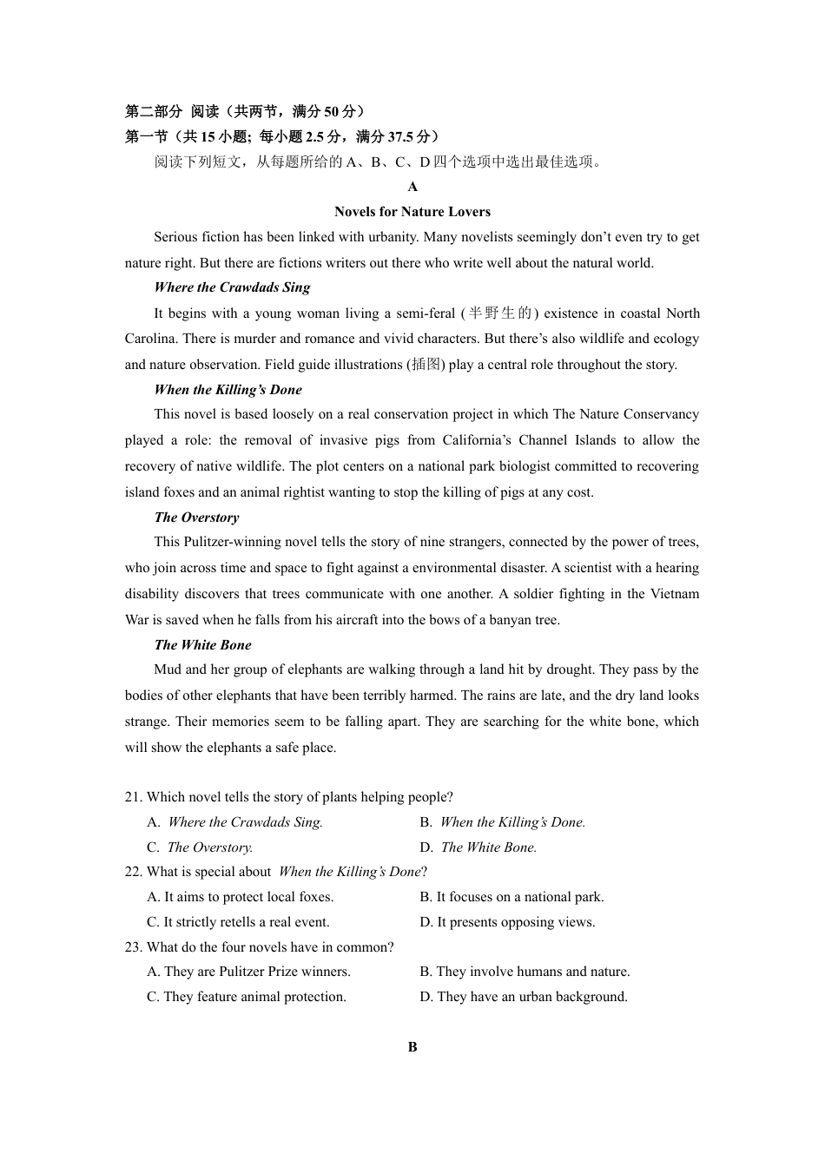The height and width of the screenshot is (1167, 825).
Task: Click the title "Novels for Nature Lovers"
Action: [412, 212]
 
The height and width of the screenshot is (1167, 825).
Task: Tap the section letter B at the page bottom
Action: [412, 1047]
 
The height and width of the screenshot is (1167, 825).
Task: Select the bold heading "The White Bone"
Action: [202, 645]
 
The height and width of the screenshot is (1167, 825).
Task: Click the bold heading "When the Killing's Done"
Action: [228, 390]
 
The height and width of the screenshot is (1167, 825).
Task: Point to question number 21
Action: [133, 797]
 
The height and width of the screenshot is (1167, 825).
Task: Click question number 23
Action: [133, 947]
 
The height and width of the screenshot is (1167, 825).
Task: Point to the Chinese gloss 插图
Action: [426, 365]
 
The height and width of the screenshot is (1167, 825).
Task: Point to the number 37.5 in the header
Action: [400, 136]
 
